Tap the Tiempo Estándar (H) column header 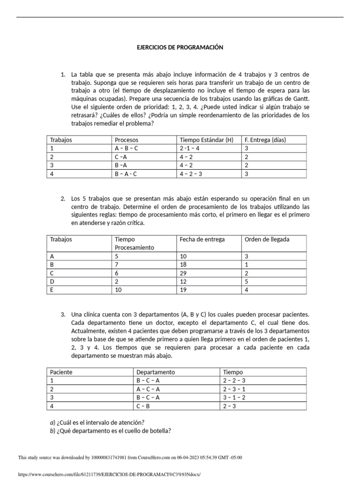point(206,140)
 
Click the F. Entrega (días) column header point(265,140)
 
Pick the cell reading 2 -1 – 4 point(190,148)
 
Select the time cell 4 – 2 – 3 point(193,173)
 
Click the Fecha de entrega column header point(202,239)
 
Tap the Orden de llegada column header point(267,239)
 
